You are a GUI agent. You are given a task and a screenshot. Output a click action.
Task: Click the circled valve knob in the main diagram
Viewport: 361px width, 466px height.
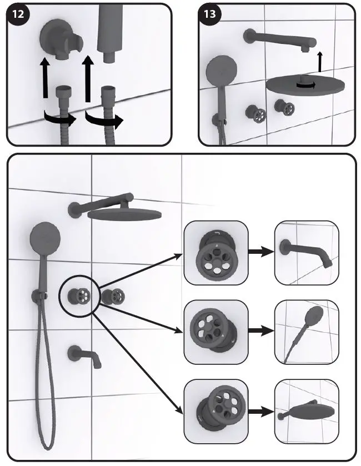77,295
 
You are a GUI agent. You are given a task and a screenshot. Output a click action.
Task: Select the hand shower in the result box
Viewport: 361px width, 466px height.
307,332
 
